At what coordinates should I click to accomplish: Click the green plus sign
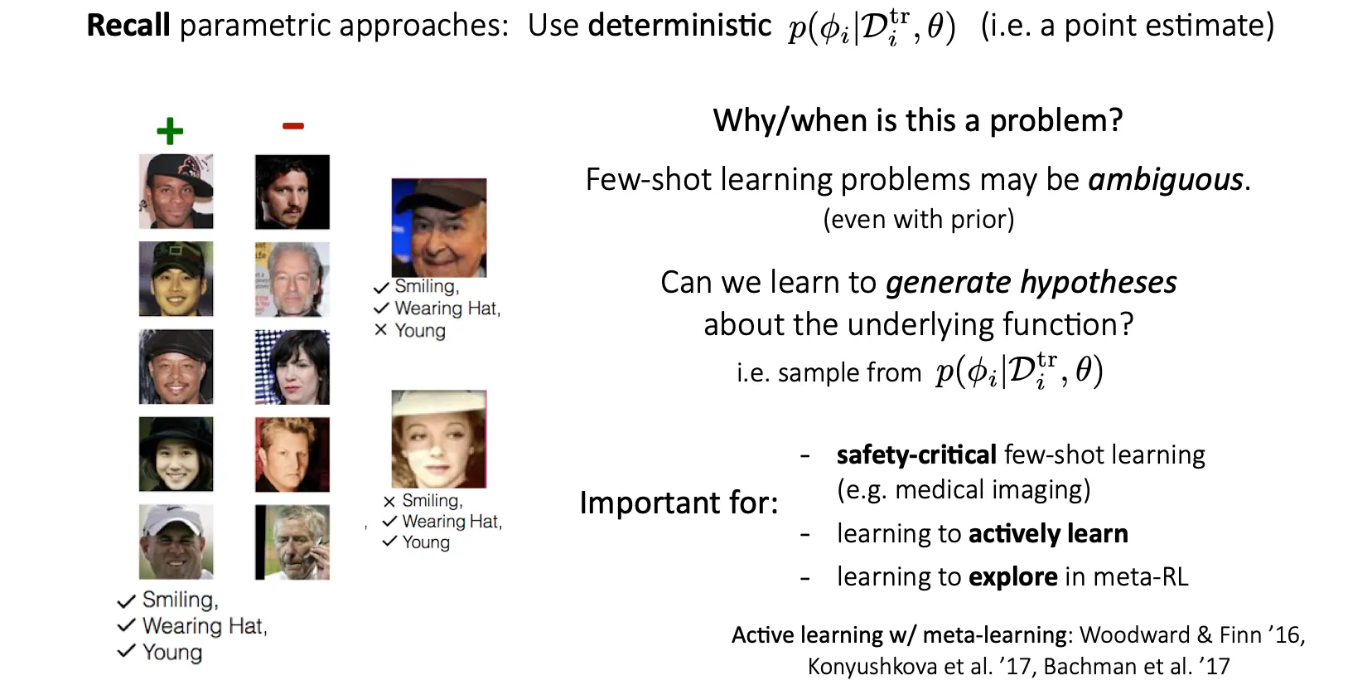pyautogui.click(x=170, y=131)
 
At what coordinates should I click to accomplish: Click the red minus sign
pyautogui.click(x=292, y=126)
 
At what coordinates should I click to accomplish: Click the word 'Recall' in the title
pyautogui.click(x=128, y=25)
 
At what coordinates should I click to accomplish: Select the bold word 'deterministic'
pyautogui.click(x=679, y=25)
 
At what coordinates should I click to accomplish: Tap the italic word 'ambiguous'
pyautogui.click(x=1166, y=180)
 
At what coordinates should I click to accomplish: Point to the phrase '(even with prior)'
pyautogui.click(x=919, y=219)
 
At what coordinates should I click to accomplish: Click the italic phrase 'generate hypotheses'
pyautogui.click(x=1031, y=283)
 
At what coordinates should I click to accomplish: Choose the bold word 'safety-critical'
pyautogui.click(x=916, y=455)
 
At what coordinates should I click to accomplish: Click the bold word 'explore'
pyautogui.click(x=1013, y=576)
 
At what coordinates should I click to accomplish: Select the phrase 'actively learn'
pyautogui.click(x=1048, y=533)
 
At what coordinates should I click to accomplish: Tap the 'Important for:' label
pyautogui.click(x=679, y=503)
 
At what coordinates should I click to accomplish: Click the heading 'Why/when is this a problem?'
pyautogui.click(x=918, y=120)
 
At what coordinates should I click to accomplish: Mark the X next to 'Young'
pyautogui.click(x=380, y=330)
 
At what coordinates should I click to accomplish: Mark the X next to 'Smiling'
pyautogui.click(x=389, y=502)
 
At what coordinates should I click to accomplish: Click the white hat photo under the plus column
pyautogui.click(x=176, y=542)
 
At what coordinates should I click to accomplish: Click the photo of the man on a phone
pyautogui.click(x=292, y=542)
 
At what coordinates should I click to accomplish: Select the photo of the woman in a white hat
pyautogui.click(x=438, y=440)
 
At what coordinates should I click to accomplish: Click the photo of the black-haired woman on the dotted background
pyautogui.click(x=292, y=367)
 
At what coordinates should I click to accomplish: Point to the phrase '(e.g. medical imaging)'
pyautogui.click(x=964, y=490)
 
